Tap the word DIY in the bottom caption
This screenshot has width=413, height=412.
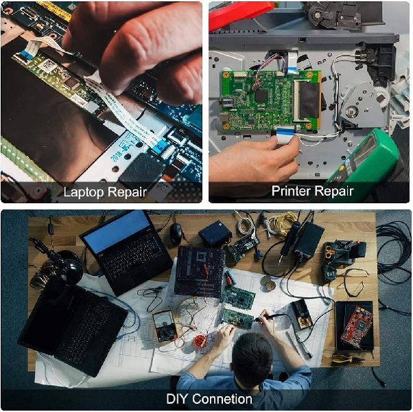(177, 399)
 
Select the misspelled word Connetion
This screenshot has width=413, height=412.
(222, 399)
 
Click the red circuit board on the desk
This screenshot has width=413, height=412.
(357, 327)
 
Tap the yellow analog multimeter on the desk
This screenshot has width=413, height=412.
(165, 325)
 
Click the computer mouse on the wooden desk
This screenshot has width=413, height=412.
(176, 233)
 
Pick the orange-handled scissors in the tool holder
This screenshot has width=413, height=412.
(330, 251)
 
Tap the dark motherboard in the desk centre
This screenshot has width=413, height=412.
(200, 271)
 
